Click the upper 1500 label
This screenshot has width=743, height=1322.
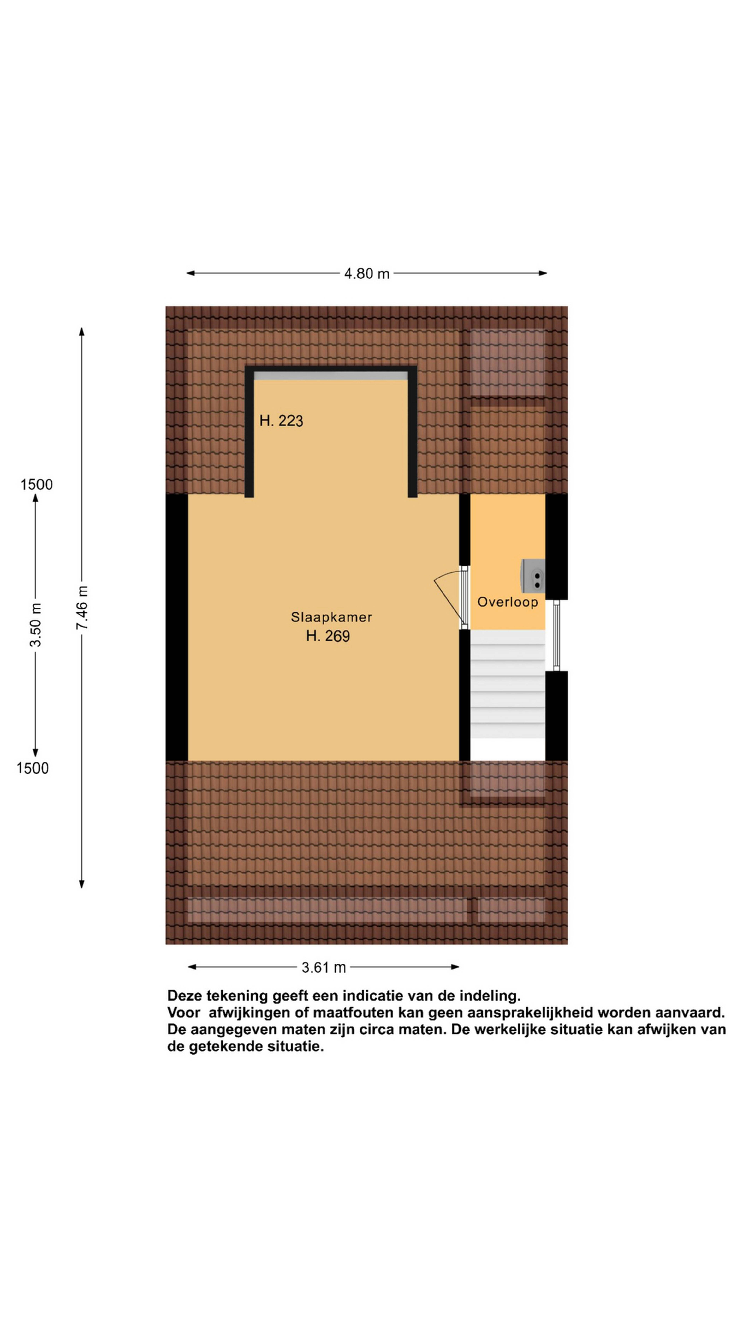[x=36, y=484]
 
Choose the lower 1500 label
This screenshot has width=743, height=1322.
[x=32, y=768]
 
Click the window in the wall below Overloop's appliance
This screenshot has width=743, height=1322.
[x=556, y=635]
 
